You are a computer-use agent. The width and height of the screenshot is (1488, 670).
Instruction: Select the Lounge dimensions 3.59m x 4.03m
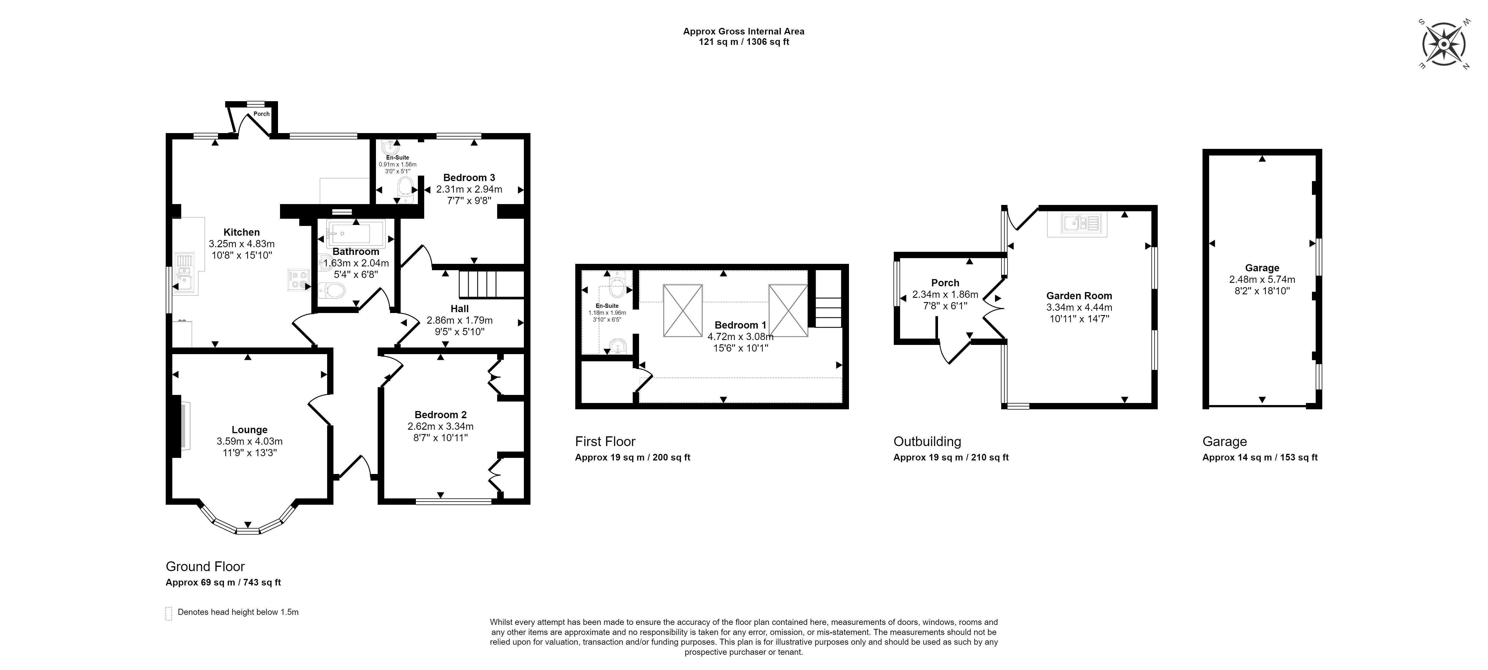(250, 441)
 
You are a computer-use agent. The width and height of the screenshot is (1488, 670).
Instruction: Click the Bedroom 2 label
(440, 414)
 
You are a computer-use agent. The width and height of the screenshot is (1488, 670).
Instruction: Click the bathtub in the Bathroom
(348, 234)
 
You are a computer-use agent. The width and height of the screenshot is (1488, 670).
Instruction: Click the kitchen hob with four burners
(298, 280)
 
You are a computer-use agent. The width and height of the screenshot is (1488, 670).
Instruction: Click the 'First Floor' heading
(605, 442)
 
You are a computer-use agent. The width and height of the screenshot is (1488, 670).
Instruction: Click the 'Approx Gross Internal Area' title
(743, 31)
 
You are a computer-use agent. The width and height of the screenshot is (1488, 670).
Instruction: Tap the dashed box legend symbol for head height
(169, 613)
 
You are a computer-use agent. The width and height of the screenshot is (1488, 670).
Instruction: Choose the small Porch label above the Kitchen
(261, 114)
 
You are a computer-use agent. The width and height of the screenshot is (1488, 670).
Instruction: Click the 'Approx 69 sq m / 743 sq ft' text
(223, 582)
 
